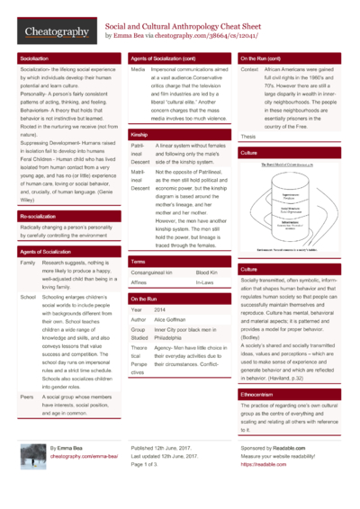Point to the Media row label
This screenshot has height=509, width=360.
138,69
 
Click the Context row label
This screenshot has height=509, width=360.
249,69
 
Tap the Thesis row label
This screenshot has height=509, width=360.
248,136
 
